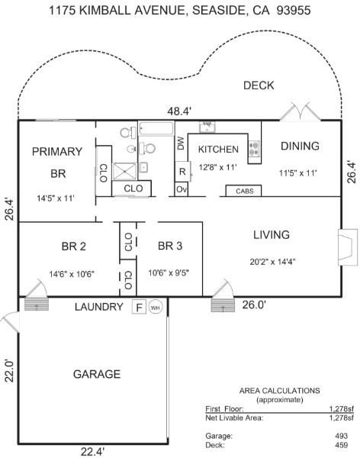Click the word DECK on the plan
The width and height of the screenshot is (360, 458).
click(x=259, y=85)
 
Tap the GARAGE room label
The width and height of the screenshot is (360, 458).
click(x=97, y=374)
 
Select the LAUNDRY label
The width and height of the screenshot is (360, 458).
click(x=98, y=307)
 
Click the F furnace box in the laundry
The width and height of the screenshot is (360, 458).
click(x=139, y=307)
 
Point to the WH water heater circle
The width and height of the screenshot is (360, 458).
click(x=156, y=307)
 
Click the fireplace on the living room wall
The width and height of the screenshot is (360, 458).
click(x=348, y=247)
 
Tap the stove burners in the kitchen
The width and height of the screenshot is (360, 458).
click(x=254, y=149)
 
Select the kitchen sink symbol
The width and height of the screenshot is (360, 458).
click(x=207, y=127)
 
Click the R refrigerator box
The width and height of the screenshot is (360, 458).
click(x=182, y=172)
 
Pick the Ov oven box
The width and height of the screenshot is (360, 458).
click(x=182, y=189)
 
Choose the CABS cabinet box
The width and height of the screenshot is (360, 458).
click(x=244, y=191)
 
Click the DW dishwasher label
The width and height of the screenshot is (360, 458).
click(x=181, y=144)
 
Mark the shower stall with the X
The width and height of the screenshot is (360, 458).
click(x=124, y=171)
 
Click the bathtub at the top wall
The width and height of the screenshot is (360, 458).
click(x=156, y=128)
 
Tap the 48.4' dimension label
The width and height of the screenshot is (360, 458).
click(x=179, y=111)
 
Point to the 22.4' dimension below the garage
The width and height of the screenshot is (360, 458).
click(x=92, y=452)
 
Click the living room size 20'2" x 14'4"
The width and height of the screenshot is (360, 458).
click(x=272, y=262)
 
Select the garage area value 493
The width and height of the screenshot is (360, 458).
click(x=342, y=436)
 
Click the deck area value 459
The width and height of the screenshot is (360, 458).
click(x=342, y=445)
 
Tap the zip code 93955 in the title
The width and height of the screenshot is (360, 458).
click(x=294, y=11)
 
